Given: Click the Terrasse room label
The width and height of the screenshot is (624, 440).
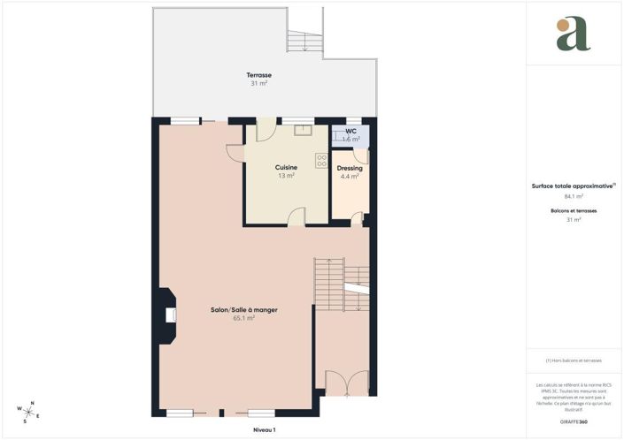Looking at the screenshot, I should coord(259,74).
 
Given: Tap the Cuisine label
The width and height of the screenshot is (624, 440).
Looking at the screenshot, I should coord(286,167).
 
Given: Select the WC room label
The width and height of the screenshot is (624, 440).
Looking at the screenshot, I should coord(351,131).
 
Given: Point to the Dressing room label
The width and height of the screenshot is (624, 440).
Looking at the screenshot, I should coord(350,168).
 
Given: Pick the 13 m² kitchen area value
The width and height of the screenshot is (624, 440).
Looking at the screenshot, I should coord(286,176).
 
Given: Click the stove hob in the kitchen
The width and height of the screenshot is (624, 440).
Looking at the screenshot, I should coord(321,161).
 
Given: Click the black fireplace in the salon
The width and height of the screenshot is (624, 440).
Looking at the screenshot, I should coord(166,315).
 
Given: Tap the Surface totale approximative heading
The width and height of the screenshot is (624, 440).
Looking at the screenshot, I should coord(572,186).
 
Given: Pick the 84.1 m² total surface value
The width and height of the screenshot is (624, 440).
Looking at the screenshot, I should coord(573,197).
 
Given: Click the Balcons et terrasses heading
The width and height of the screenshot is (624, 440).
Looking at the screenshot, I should coord(573,212).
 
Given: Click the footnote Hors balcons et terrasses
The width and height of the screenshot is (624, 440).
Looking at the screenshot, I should coord(574,360).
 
